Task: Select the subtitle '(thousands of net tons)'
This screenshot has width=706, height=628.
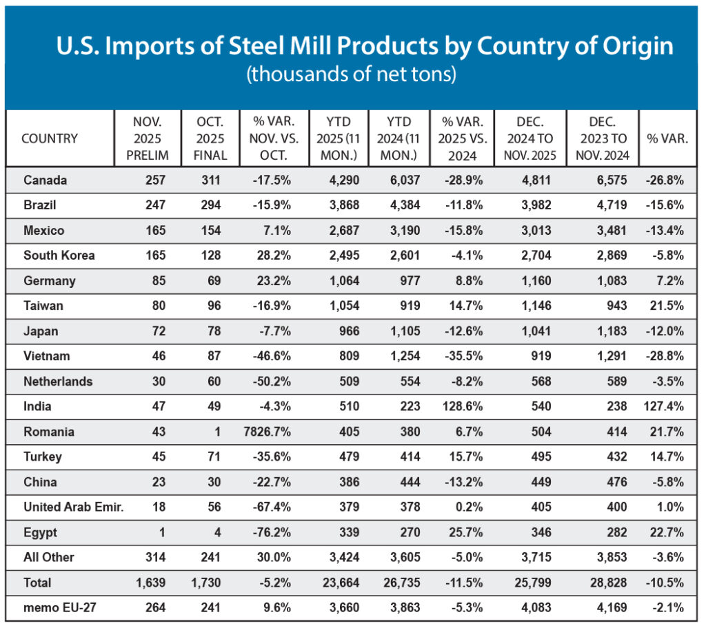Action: point(352,74)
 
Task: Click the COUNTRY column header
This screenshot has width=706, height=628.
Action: point(50,138)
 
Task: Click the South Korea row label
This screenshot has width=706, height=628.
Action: point(59,255)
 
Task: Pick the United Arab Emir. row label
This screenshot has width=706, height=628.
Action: point(73,507)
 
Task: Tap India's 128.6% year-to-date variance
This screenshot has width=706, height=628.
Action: point(461,406)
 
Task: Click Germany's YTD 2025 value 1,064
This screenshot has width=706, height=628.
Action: point(340,281)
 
